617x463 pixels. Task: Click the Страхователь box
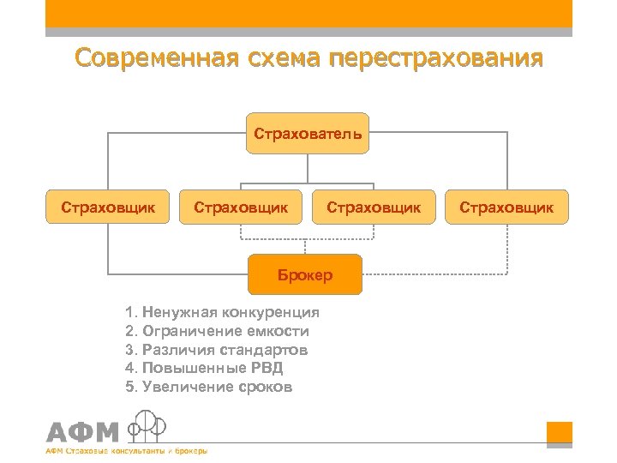click(x=308, y=134)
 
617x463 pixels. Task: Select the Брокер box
click(x=305, y=275)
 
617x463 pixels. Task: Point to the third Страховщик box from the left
click(x=374, y=207)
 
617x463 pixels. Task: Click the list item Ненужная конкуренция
click(x=222, y=312)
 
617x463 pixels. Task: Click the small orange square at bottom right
click(x=559, y=433)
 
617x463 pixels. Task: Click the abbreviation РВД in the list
click(x=266, y=369)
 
